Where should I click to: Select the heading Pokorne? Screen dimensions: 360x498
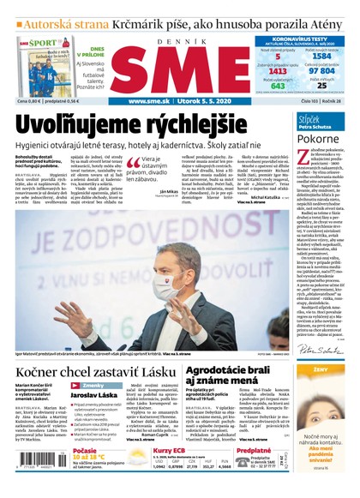coord(318,137)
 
